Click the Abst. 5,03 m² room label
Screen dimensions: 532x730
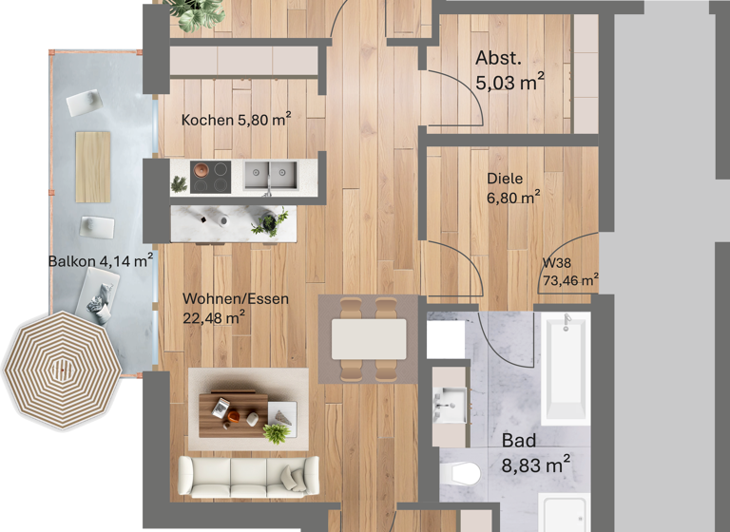[509, 72]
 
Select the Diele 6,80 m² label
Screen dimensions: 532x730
[513, 188]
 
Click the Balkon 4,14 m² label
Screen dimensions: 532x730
[101, 259]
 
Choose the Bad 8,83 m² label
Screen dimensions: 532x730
[535, 453]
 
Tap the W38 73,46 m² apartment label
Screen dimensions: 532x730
[569, 273]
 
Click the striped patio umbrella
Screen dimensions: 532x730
[63, 370]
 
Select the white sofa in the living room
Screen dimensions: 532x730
[249, 475]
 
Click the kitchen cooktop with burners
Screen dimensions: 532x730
[211, 175]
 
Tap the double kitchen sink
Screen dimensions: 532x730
[269, 175]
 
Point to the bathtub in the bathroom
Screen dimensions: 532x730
[566, 368]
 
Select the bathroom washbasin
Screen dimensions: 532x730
[450, 398]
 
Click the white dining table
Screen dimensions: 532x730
[369, 338]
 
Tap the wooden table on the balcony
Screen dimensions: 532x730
[93, 166]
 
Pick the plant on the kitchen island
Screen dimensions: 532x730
[269, 223]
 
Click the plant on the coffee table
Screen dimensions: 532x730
[277, 433]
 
